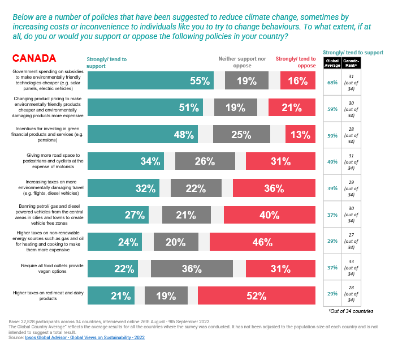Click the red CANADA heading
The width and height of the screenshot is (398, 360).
click(34, 58)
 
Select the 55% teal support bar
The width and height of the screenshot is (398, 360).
click(150, 81)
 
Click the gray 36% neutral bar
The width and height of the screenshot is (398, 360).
click(192, 269)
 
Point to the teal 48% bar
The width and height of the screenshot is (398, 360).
click(142, 135)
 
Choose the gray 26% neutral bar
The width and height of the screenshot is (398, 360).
click(205, 161)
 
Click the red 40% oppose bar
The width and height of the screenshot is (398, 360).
click(269, 215)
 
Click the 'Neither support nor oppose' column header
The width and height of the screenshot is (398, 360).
click(242, 62)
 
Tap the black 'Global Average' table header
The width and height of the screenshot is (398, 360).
click(332, 63)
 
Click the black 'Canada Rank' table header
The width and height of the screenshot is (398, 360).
click(352, 63)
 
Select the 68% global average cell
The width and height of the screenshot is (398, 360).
click(332, 82)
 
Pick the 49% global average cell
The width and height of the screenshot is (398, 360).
click(332, 161)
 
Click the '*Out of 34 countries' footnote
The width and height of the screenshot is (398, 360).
click(351, 311)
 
